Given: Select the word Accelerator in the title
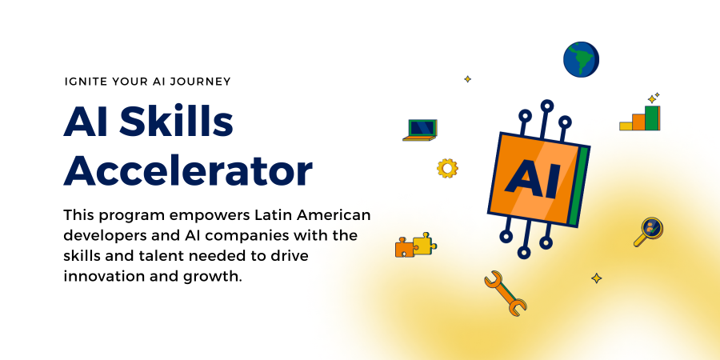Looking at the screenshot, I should (188, 170).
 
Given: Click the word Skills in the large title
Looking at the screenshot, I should (174, 122).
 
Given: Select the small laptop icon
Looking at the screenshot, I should (420, 129).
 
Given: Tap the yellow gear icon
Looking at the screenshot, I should (447, 168).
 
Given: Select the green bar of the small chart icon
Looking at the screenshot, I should (652, 118).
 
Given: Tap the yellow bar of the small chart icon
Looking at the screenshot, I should (626, 126).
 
